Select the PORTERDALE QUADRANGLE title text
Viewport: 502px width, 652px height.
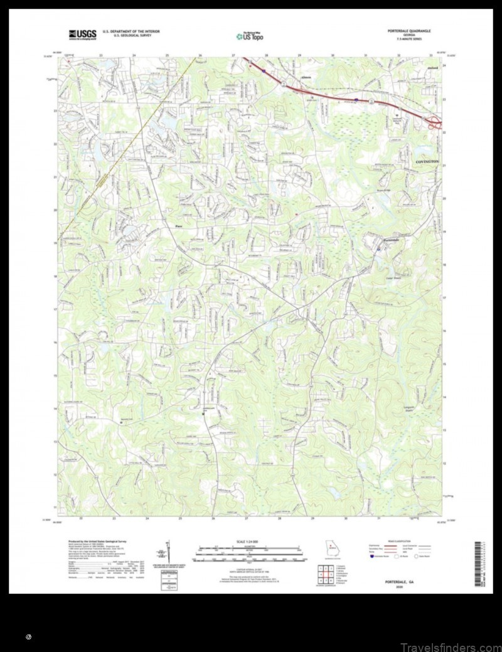coord(409,30)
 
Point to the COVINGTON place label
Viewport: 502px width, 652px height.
coord(429,162)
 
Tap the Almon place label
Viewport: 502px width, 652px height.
coord(287,77)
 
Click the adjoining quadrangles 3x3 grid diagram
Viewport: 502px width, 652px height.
coord(327,572)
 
